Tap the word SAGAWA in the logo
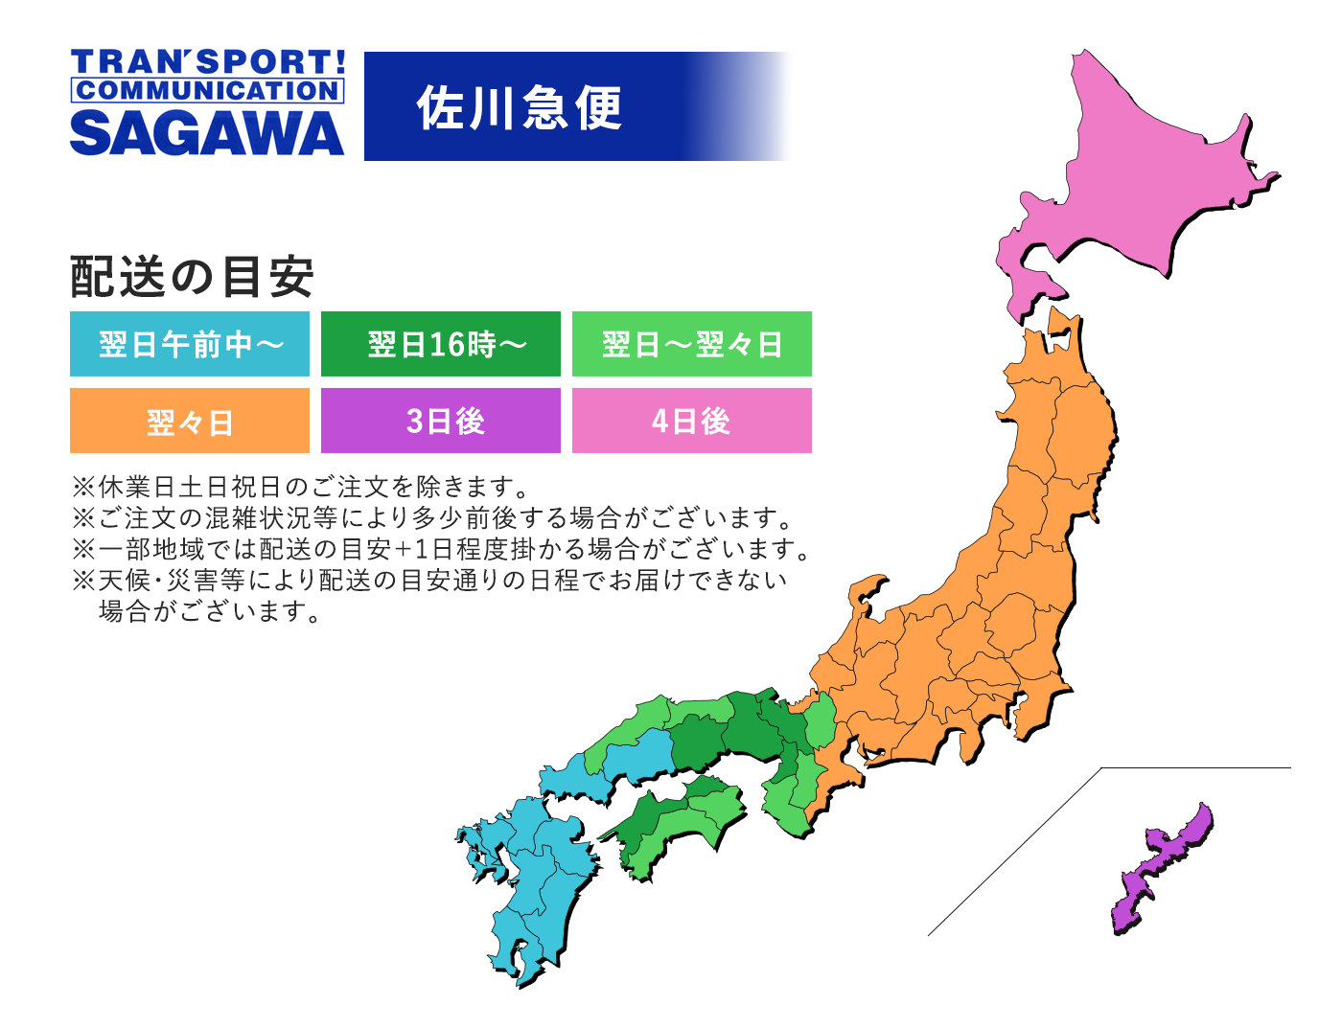coord(207,133)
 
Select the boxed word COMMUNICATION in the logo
coord(207,91)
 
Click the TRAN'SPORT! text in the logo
coord(207,62)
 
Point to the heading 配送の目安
coord(192,277)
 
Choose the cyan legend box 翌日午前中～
coord(190,344)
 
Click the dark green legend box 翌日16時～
coord(441,344)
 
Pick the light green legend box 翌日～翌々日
coord(692,344)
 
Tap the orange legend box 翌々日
coord(190,421)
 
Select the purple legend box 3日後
coord(441,421)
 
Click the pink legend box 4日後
coord(692,421)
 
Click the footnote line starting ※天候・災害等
coord(429,581)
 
